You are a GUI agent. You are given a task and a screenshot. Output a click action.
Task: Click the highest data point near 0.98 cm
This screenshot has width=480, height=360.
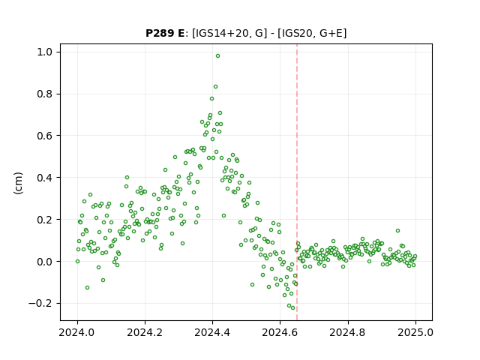217,56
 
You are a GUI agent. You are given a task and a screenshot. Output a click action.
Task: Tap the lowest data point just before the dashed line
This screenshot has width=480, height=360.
292,308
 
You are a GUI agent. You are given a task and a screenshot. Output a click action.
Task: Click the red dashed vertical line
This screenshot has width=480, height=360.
297,182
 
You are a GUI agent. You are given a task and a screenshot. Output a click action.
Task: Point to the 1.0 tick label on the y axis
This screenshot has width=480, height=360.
45,52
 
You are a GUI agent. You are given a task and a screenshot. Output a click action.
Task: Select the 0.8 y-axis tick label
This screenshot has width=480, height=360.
45,94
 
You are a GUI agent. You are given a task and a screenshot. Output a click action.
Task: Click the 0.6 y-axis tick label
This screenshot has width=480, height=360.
45,136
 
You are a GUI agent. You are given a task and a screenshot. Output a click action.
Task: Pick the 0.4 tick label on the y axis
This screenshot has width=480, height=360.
45,178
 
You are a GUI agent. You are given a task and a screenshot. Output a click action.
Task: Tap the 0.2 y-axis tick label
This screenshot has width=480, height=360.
45,220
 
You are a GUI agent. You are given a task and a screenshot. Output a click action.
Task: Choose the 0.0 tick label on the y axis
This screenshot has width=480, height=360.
45,262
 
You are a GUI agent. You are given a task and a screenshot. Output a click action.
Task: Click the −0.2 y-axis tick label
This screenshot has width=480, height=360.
40,303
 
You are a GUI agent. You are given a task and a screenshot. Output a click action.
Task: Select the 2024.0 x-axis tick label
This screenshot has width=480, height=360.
77,332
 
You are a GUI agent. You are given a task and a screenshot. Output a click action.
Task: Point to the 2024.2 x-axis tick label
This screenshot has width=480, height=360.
145,332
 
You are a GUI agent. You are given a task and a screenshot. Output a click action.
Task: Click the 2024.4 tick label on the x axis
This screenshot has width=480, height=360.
212,332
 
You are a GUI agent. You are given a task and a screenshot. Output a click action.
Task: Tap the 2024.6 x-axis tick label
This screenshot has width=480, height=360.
280,332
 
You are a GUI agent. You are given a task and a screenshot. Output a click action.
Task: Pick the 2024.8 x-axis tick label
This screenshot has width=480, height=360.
348,332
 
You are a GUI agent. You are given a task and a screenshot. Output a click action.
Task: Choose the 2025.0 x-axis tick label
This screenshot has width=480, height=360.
415,332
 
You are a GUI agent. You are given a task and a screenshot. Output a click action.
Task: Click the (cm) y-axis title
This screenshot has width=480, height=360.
18,183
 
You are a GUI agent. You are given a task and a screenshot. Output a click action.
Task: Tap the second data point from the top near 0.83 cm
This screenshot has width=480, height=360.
215,87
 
